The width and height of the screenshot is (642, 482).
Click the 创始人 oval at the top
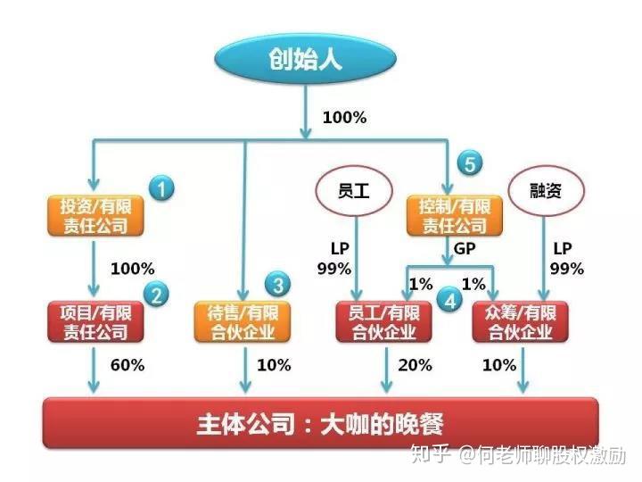pos(306,59)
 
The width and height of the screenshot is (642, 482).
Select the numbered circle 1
pos(161,188)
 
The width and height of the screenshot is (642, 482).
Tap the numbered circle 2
pos(156,295)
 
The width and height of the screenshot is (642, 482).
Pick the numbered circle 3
pos(278,285)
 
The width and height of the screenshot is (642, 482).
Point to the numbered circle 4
pos(450,302)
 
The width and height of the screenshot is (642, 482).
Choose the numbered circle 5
pos(470,162)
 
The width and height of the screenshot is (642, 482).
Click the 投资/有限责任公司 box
pos(95,216)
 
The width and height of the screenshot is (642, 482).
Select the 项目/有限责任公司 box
pos(95,321)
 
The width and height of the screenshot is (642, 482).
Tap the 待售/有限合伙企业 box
pos(243,321)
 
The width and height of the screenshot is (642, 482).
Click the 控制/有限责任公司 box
pos(455,216)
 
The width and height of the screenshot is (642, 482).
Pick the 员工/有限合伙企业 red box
pos(383,321)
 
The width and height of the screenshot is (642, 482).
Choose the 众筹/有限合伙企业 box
pos(521,321)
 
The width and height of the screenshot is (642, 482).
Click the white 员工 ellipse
pos(354,191)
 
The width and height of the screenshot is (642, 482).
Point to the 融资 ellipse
pos(547,191)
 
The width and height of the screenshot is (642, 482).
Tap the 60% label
pos(128,365)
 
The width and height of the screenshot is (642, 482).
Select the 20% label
pos(415,365)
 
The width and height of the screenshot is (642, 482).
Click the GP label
pos(465,248)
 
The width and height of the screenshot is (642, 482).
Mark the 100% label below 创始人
pos(344,118)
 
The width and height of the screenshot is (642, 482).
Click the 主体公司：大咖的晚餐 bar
pos(321,422)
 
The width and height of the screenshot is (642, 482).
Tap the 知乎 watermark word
pos(431,454)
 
